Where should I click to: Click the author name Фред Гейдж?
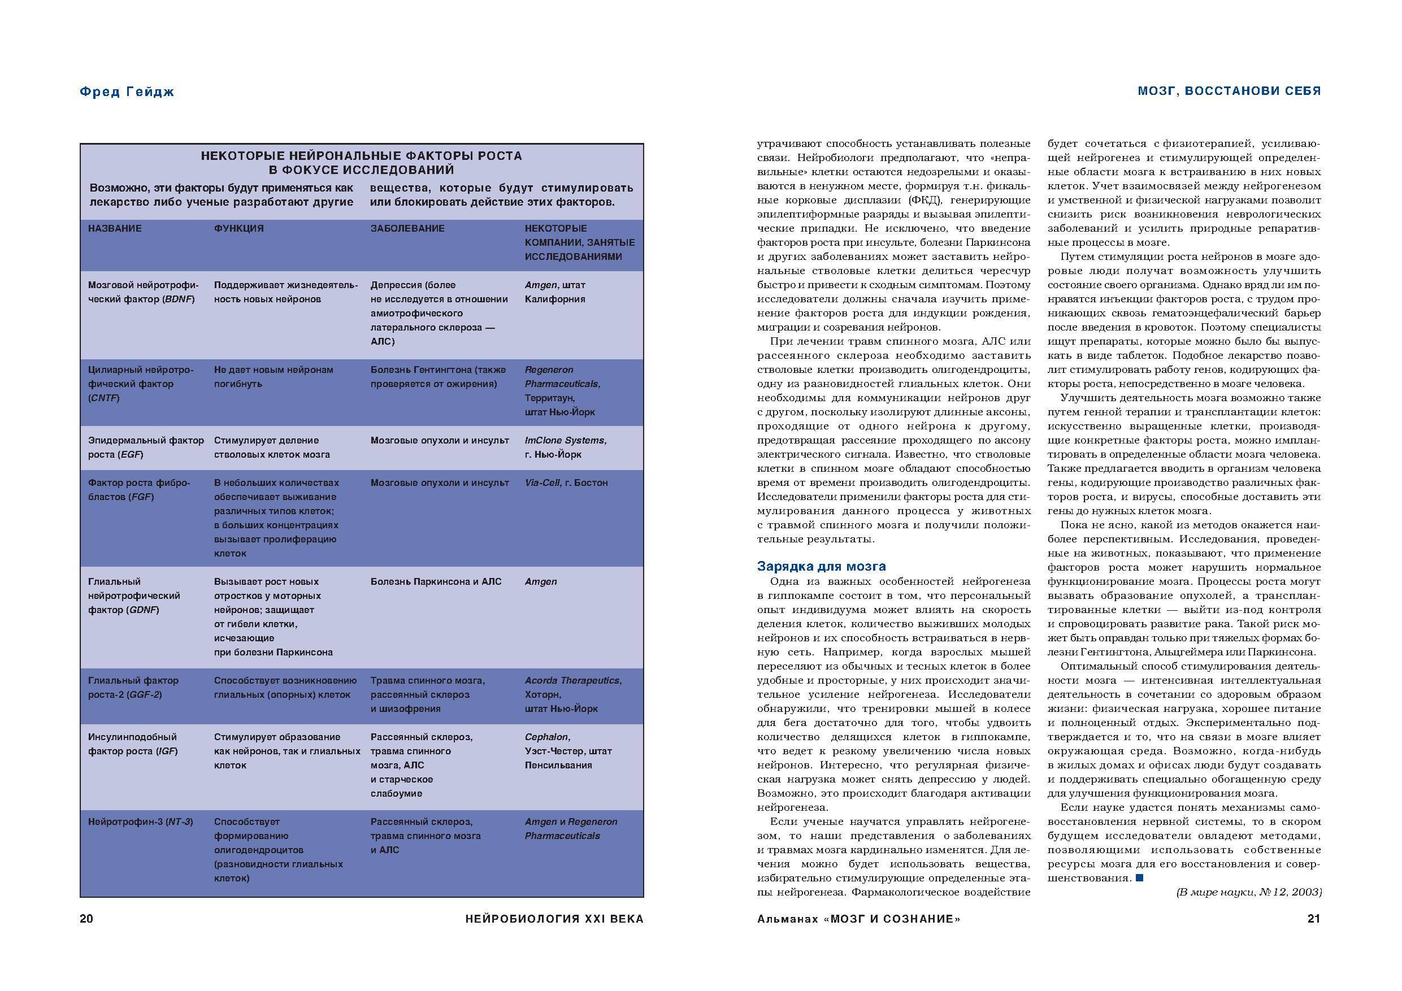[x=127, y=92]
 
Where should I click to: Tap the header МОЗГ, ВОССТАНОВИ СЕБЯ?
[x=1229, y=91]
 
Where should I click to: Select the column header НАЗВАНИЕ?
[x=115, y=228]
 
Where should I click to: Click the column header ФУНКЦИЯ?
[x=239, y=228]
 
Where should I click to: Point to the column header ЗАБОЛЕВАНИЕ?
[x=407, y=228]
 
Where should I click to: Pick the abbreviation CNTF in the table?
[x=104, y=398]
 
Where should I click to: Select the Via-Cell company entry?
[x=542, y=483]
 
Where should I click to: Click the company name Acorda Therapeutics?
[x=572, y=680]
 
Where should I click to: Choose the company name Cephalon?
[x=546, y=737]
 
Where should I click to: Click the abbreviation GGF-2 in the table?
[x=144, y=695]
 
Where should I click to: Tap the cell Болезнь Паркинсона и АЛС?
[x=435, y=581]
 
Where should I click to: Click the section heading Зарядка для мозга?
[x=821, y=566]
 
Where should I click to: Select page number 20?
[x=86, y=919]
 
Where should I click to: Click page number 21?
[x=1313, y=919]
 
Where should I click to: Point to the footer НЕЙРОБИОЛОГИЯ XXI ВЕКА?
[x=554, y=919]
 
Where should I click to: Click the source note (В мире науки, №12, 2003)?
[x=1249, y=892]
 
